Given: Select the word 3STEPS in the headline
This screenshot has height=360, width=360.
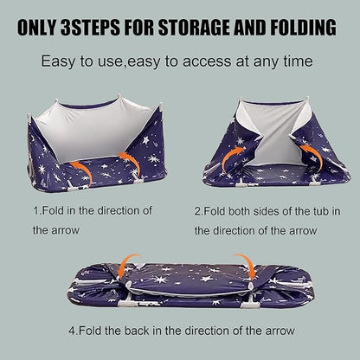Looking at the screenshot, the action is point(90,28).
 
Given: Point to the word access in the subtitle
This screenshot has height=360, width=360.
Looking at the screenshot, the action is point(207,61).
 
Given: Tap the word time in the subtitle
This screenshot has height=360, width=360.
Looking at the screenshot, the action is point(298,61).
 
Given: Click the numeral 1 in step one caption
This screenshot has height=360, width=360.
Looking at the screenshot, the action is point(35,210).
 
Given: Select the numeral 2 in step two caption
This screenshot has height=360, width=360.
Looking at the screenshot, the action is point(197,211).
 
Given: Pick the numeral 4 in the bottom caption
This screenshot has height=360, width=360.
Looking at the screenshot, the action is point(72,330).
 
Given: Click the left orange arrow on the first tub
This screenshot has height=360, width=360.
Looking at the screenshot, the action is point(84,170).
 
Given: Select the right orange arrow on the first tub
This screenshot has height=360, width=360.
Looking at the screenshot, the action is point(133,160).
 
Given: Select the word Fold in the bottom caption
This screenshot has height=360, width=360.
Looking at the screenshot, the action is point(90,330).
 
